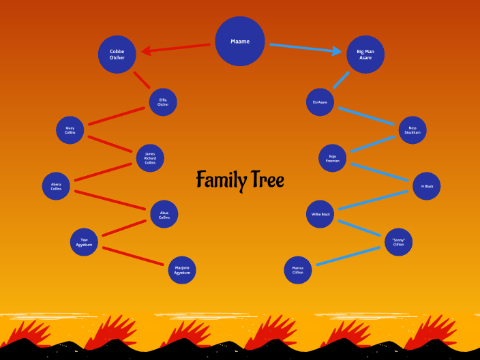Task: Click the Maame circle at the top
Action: tap(240, 42)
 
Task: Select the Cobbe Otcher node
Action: tap(117, 55)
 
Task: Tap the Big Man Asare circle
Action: tap(365, 55)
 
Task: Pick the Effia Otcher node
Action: tap(163, 102)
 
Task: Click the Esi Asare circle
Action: tap(320, 102)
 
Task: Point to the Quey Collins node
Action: tap(70, 130)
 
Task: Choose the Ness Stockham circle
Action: tap(412, 130)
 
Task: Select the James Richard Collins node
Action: tap(150, 158)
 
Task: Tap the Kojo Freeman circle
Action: tap(333, 158)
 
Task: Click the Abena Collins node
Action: tap(56, 186)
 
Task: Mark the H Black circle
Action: tap(427, 186)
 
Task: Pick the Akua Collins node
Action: tap(164, 214)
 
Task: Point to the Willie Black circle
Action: tap(320, 214)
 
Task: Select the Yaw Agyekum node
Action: tap(84, 242)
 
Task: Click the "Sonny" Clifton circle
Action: tap(398, 242)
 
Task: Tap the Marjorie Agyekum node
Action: tap(182, 270)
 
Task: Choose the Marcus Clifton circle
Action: tap(298, 270)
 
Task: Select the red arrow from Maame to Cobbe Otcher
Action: tap(175, 48)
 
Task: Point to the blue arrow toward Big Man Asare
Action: tap(305, 48)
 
